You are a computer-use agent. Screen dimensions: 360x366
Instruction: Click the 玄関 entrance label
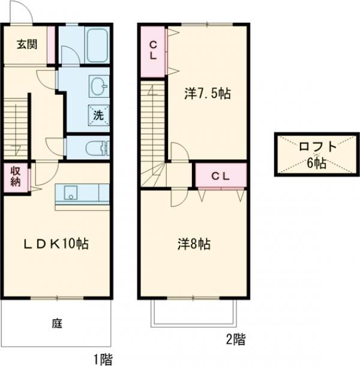coord(27,44)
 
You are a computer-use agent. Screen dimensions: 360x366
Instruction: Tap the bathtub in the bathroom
coord(97,45)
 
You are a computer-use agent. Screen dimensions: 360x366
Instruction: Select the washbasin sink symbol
coord(99,86)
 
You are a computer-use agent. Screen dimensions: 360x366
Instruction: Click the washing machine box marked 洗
coord(98,115)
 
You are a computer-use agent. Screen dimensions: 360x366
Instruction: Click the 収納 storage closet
coord(16,178)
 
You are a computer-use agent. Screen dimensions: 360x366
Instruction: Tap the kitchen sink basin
coord(71,193)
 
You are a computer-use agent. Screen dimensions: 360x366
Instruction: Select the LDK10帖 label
coord(56,244)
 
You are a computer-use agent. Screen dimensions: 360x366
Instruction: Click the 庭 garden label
coord(57,324)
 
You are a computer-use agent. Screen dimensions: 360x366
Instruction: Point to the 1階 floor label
coord(103,359)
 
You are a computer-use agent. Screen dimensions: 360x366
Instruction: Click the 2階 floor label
coord(236,339)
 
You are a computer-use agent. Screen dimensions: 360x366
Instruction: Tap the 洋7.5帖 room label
coord(208,94)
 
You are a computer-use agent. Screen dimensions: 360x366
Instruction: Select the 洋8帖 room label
coord(194,244)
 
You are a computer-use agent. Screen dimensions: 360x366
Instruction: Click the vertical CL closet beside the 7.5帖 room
coord(153,52)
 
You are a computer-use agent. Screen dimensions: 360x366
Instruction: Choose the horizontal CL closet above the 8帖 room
coord(221,175)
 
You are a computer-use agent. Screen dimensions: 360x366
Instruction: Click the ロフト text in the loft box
coord(318,146)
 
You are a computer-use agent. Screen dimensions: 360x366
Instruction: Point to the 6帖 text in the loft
coord(317,163)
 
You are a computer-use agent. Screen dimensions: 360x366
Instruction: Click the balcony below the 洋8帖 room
coord(194,313)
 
